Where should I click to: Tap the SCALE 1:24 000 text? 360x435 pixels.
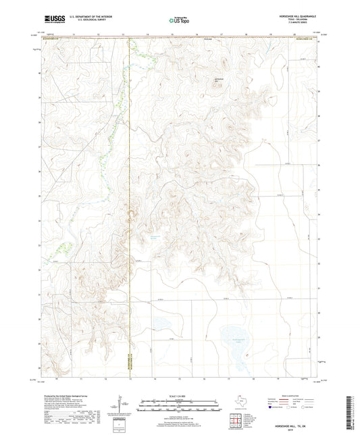[x=179, y=395]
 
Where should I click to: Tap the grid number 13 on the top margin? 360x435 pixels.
[x=123, y=32]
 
